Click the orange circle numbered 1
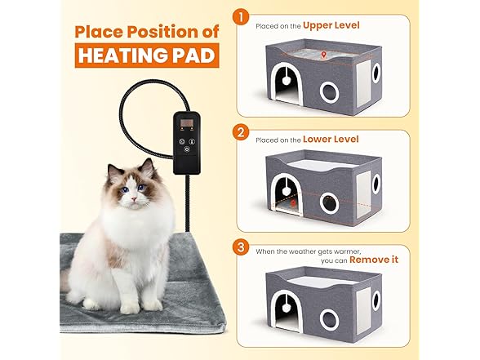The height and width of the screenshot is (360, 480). (x=241, y=16)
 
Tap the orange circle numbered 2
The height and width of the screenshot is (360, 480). (x=241, y=132)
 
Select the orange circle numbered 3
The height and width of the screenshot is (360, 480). (x=241, y=247)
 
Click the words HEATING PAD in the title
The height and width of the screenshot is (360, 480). (x=147, y=56)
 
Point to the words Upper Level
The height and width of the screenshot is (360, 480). (x=331, y=25)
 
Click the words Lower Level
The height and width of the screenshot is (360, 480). (x=331, y=140)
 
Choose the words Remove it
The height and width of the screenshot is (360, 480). (x=374, y=260)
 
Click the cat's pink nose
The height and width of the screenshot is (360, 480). (x=134, y=199)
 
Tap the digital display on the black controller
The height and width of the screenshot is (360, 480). (x=186, y=123)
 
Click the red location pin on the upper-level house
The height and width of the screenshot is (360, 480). (x=323, y=56)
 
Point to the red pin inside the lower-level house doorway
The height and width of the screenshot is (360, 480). (x=293, y=203)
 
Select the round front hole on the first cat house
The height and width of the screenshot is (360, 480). (x=329, y=91)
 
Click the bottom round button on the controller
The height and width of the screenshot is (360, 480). (x=187, y=149)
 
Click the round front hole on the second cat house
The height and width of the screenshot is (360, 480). (x=329, y=202)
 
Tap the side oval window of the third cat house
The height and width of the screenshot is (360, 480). (x=376, y=301)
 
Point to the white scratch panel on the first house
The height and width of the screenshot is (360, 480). (x=363, y=83)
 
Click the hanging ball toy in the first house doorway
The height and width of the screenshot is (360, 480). (x=287, y=81)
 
